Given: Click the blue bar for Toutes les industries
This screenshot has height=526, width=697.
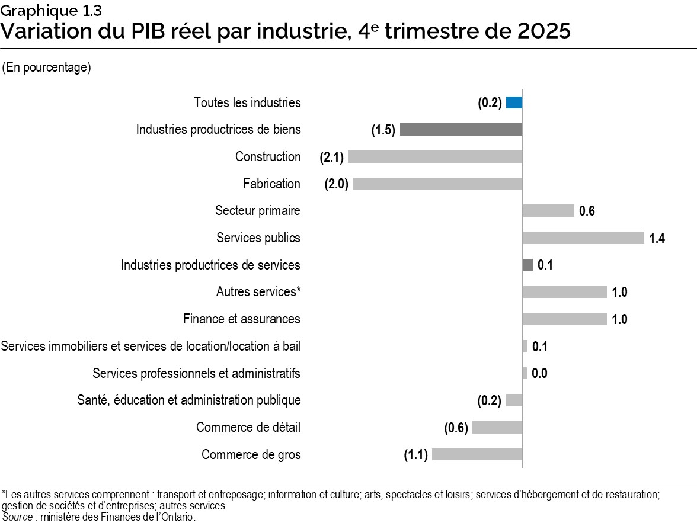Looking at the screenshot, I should [x=514, y=102].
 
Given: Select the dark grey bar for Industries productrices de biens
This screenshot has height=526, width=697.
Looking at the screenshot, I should [x=461, y=130].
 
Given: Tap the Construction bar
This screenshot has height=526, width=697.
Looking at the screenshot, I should [x=435, y=157].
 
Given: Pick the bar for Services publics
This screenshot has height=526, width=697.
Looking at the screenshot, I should [x=583, y=238].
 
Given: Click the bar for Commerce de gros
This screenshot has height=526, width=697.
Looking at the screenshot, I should [x=477, y=455].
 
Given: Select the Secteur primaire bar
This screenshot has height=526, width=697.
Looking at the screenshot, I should [x=548, y=211].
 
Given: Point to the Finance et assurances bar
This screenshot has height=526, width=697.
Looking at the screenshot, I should [x=565, y=319].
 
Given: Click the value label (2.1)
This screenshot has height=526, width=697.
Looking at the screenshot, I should [x=332, y=158].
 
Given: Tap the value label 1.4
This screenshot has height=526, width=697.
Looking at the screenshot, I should [x=657, y=239].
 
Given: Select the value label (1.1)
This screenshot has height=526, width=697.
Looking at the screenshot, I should [x=416, y=456].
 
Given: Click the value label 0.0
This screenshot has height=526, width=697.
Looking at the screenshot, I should [x=539, y=374].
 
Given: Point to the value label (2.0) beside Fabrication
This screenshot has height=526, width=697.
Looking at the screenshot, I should [x=336, y=184].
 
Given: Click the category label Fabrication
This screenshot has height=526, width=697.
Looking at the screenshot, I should [x=271, y=184].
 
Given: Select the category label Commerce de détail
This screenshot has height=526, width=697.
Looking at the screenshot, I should [x=248, y=428].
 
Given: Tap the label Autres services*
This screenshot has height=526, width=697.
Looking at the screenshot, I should [x=258, y=292].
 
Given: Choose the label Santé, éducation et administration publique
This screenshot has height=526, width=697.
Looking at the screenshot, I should [x=189, y=400].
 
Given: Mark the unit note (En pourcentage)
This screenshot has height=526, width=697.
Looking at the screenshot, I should [x=46, y=68].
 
